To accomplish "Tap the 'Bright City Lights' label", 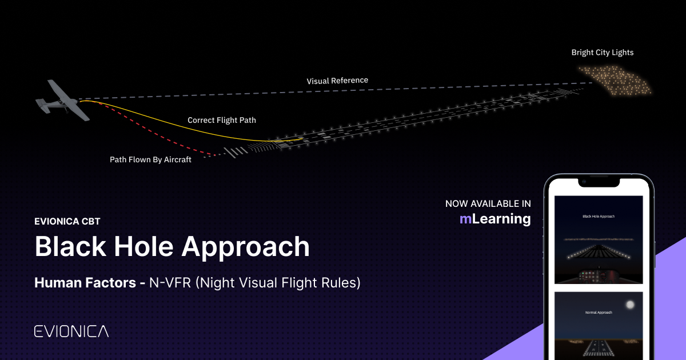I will coord(603,53).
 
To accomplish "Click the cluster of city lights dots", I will coord(615,80).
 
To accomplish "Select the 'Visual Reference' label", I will coord(337,81).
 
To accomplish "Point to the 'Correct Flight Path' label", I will coord(222,121).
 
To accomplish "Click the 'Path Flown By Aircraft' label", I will coord(150,160).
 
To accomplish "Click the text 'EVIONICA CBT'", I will coord(67,222).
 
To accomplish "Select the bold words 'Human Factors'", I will coord(83,283).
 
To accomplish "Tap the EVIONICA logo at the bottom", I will coord(71,331).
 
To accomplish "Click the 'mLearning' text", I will coord(495,219).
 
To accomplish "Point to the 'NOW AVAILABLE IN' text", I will coord(488,203).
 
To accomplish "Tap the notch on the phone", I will coord(599,182).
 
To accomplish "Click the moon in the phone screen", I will coord(629,305).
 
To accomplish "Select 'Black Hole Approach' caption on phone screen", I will coord(599,217).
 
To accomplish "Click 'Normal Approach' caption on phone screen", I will coord(599,313).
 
